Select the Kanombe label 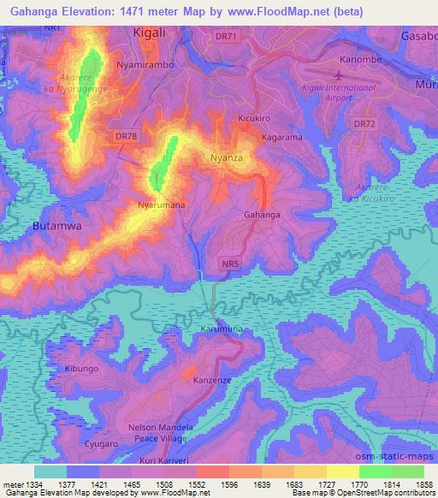pyautogui.click(x=360, y=61)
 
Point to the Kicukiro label pyautogui.click(x=256, y=118)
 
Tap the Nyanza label pyautogui.click(x=228, y=158)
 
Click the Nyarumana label pyautogui.click(x=162, y=205)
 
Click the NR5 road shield pyautogui.click(x=228, y=264)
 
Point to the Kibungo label pyautogui.click(x=82, y=368)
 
